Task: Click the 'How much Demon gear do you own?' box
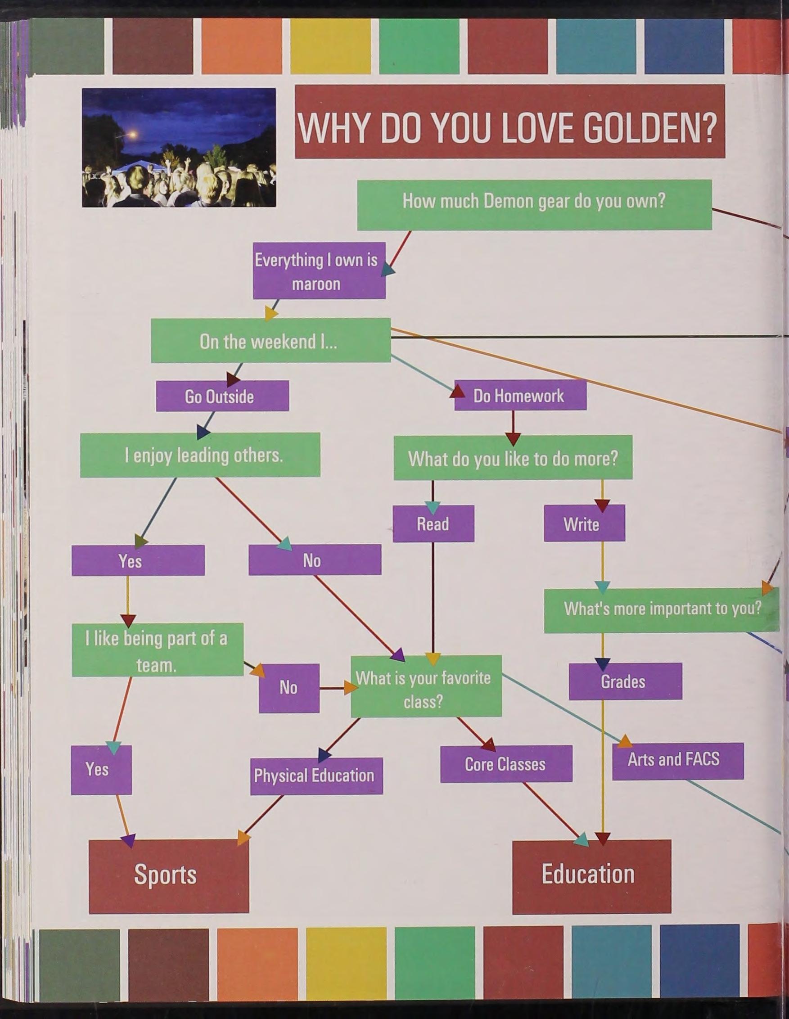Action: [534, 205]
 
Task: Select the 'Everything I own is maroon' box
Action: [319, 271]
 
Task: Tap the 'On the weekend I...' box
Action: [271, 341]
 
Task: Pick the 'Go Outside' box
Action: [222, 396]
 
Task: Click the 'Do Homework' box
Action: [520, 395]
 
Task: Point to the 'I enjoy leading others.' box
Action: [200, 455]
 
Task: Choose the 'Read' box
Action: [433, 523]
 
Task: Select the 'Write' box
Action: [584, 523]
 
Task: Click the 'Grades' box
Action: [625, 681]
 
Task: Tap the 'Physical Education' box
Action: [316, 776]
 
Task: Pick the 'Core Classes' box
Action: [506, 764]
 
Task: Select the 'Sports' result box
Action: [168, 875]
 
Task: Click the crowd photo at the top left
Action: [179, 148]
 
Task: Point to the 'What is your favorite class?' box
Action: [426, 686]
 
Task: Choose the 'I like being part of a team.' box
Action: [157, 650]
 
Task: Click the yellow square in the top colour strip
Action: [330, 46]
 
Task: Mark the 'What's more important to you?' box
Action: [661, 610]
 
